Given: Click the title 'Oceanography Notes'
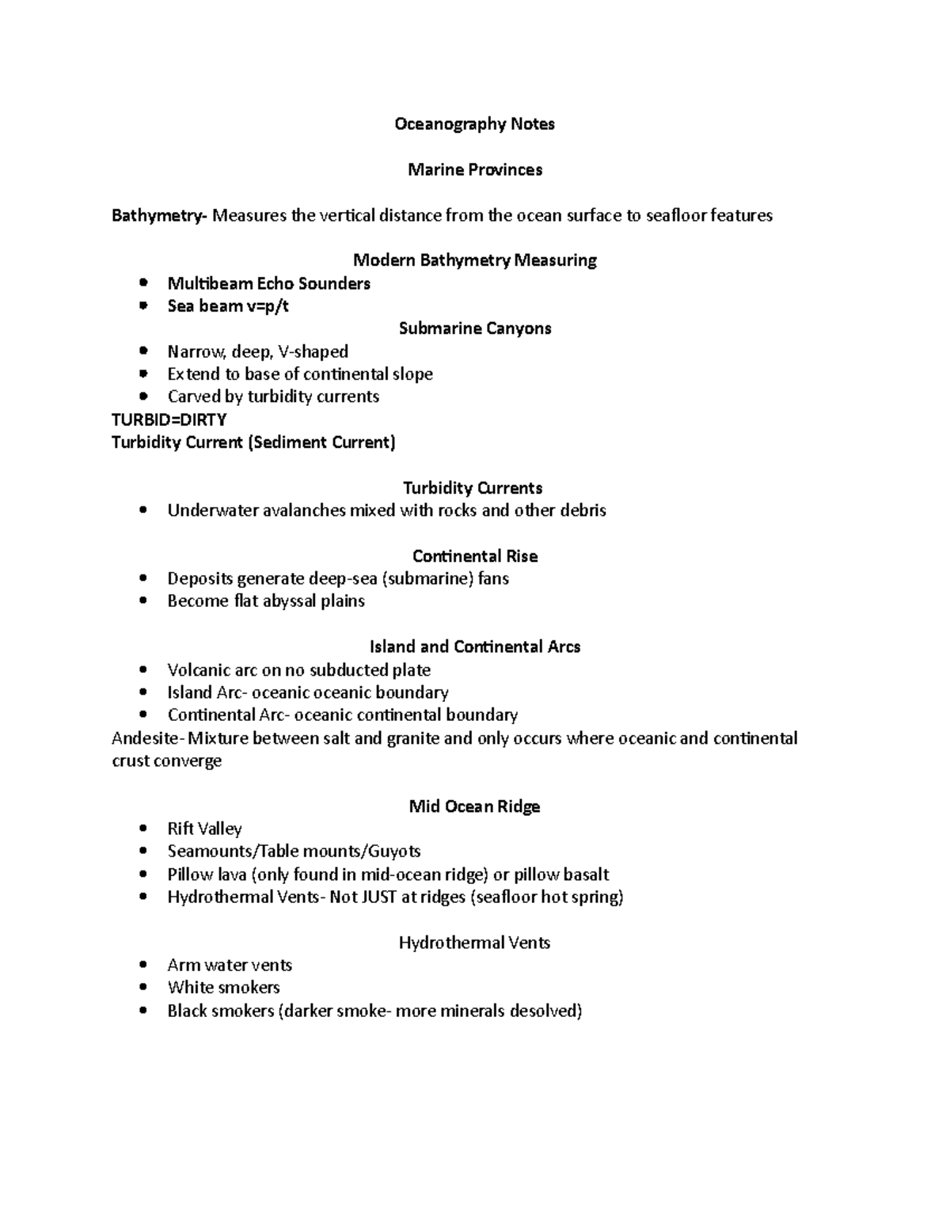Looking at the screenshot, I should [474, 124].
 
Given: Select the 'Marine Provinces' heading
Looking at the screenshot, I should [474, 170].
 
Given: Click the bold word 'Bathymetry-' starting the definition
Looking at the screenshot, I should [158, 215].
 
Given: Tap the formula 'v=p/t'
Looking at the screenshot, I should [268, 306].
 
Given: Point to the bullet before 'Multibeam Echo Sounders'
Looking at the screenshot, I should [142, 283].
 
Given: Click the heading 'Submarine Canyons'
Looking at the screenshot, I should [474, 328].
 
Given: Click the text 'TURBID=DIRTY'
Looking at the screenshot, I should [169, 419].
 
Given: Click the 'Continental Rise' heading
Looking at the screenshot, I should [474, 556].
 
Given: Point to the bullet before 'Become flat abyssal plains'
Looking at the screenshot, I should [142, 601].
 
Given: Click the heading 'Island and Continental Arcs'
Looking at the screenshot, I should [474, 647].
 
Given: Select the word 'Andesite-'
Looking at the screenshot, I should [148, 738].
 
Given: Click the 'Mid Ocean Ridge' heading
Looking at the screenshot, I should [474, 806].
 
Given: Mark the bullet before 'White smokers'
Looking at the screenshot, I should [142, 988].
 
